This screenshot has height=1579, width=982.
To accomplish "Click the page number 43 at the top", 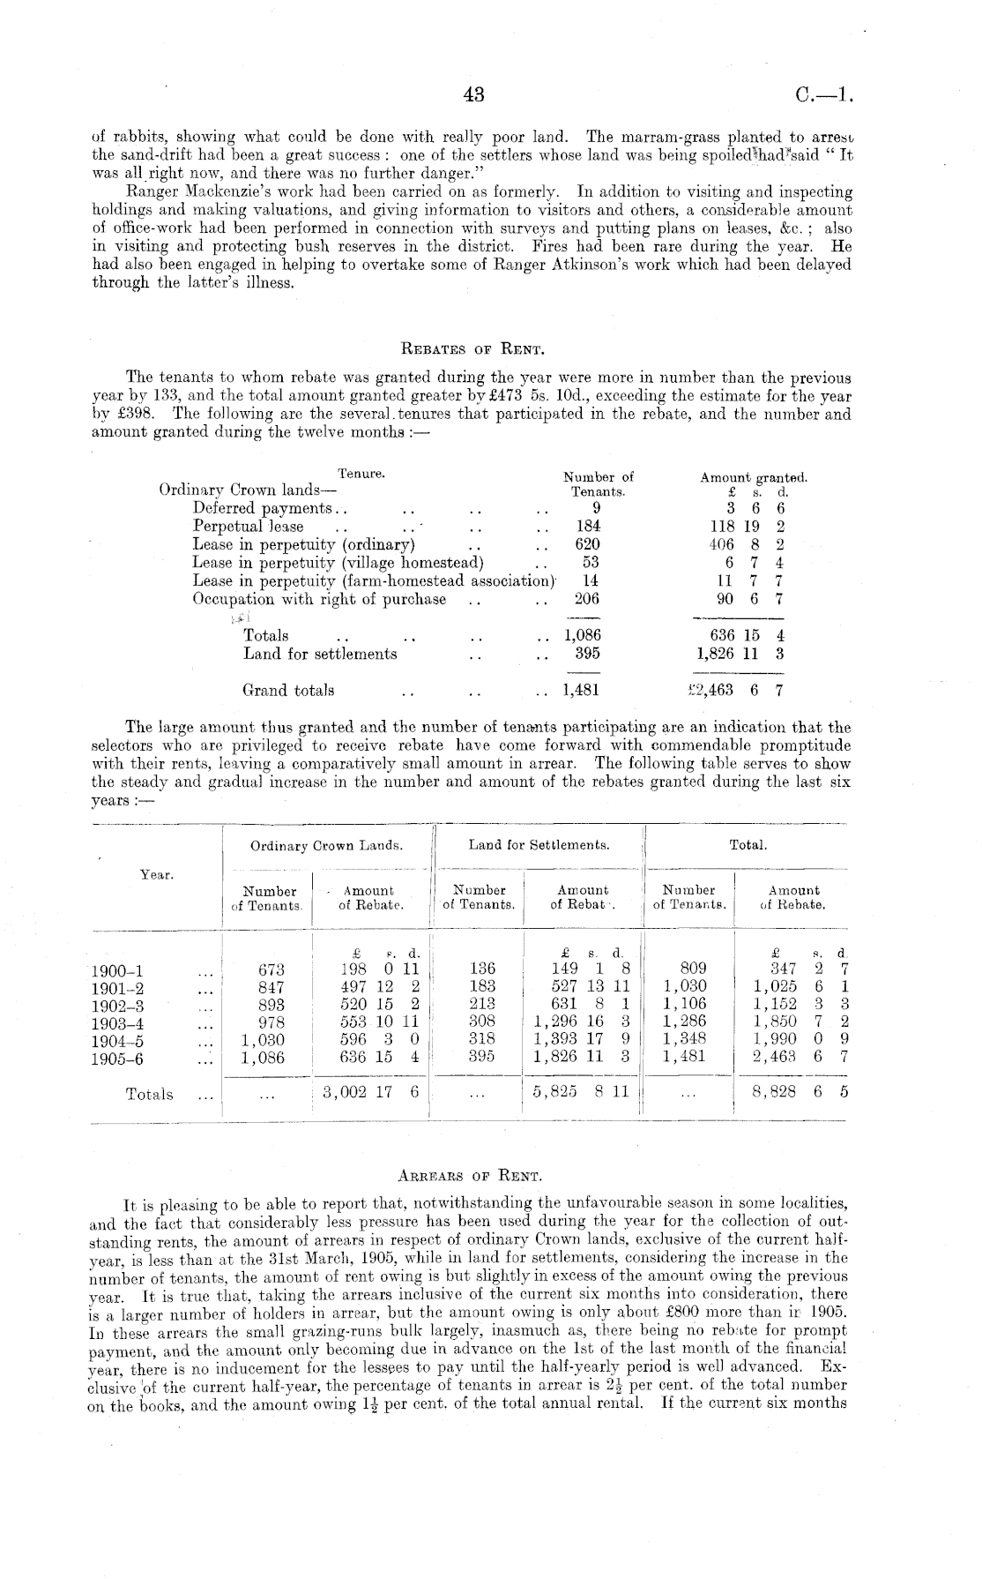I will click(x=474, y=95).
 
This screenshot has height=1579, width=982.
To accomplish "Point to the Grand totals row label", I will click(x=288, y=690).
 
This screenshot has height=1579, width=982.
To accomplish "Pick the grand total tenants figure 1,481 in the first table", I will click(x=581, y=690).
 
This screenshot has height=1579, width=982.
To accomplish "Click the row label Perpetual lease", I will click(x=248, y=527).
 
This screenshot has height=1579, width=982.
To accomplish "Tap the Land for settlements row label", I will click(x=320, y=654).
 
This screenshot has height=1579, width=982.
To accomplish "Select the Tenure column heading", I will click(x=361, y=474).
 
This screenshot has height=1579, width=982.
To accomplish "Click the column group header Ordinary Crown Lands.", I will click(x=327, y=845).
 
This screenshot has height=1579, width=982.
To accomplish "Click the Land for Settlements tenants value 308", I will click(x=481, y=1022).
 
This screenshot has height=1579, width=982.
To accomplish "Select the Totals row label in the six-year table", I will click(x=150, y=1095).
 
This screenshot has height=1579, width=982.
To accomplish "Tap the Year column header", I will click(x=157, y=874).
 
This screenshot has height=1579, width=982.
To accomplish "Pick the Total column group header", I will click(x=748, y=845).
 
